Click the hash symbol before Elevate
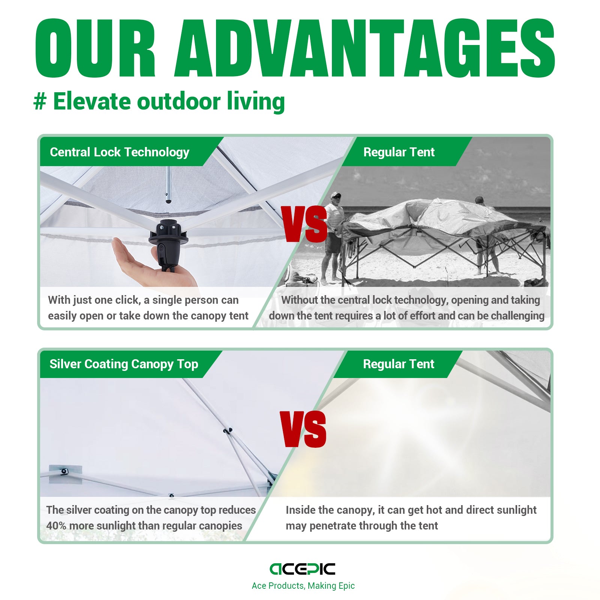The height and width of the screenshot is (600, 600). (x=40, y=102)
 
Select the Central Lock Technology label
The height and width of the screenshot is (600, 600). (x=119, y=152)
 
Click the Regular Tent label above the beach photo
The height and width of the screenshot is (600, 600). (x=399, y=152)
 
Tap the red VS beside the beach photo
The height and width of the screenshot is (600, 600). (x=305, y=224)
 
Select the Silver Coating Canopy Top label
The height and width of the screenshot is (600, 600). (x=124, y=364)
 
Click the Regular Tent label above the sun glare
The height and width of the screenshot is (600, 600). (x=398, y=364)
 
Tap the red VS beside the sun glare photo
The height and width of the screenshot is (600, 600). (x=303, y=429)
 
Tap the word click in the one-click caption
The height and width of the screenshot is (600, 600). (x=127, y=300)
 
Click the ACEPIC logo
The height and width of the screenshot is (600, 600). (x=302, y=569)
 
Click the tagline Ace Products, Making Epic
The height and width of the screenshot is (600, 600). (x=303, y=586)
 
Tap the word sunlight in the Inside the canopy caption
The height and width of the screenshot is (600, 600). (x=514, y=510)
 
